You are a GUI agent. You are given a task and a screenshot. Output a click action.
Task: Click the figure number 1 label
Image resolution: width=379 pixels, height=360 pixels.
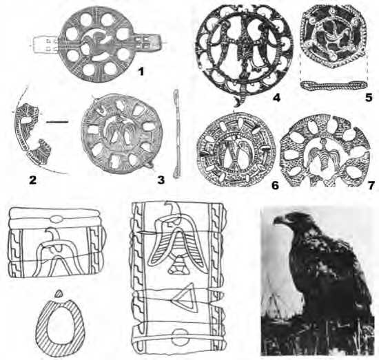click(141, 72)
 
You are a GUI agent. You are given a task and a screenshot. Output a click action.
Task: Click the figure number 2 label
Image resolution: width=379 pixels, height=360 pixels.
click(32, 180)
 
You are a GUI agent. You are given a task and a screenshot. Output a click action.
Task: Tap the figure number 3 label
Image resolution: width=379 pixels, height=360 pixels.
click(161, 180)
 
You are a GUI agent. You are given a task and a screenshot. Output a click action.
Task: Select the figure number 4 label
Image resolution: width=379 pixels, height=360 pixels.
click(276, 98)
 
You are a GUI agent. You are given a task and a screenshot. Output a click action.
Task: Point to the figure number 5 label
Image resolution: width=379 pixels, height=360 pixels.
click(369, 98)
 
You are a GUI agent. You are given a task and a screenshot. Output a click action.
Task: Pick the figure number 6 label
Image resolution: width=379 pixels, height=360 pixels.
click(275, 185)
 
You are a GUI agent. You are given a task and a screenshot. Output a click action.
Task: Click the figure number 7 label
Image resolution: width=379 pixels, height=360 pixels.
click(371, 185)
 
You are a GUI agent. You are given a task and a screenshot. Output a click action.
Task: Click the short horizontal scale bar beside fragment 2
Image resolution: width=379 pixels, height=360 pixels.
click(57, 122)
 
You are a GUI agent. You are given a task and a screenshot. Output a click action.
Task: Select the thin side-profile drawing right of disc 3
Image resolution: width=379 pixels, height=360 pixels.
click(177, 134)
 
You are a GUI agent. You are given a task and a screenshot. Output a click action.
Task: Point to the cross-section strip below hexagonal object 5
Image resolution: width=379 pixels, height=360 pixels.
click(334, 86)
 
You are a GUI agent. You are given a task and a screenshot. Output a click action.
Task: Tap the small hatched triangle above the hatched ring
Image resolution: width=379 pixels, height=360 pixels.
click(59, 294)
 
